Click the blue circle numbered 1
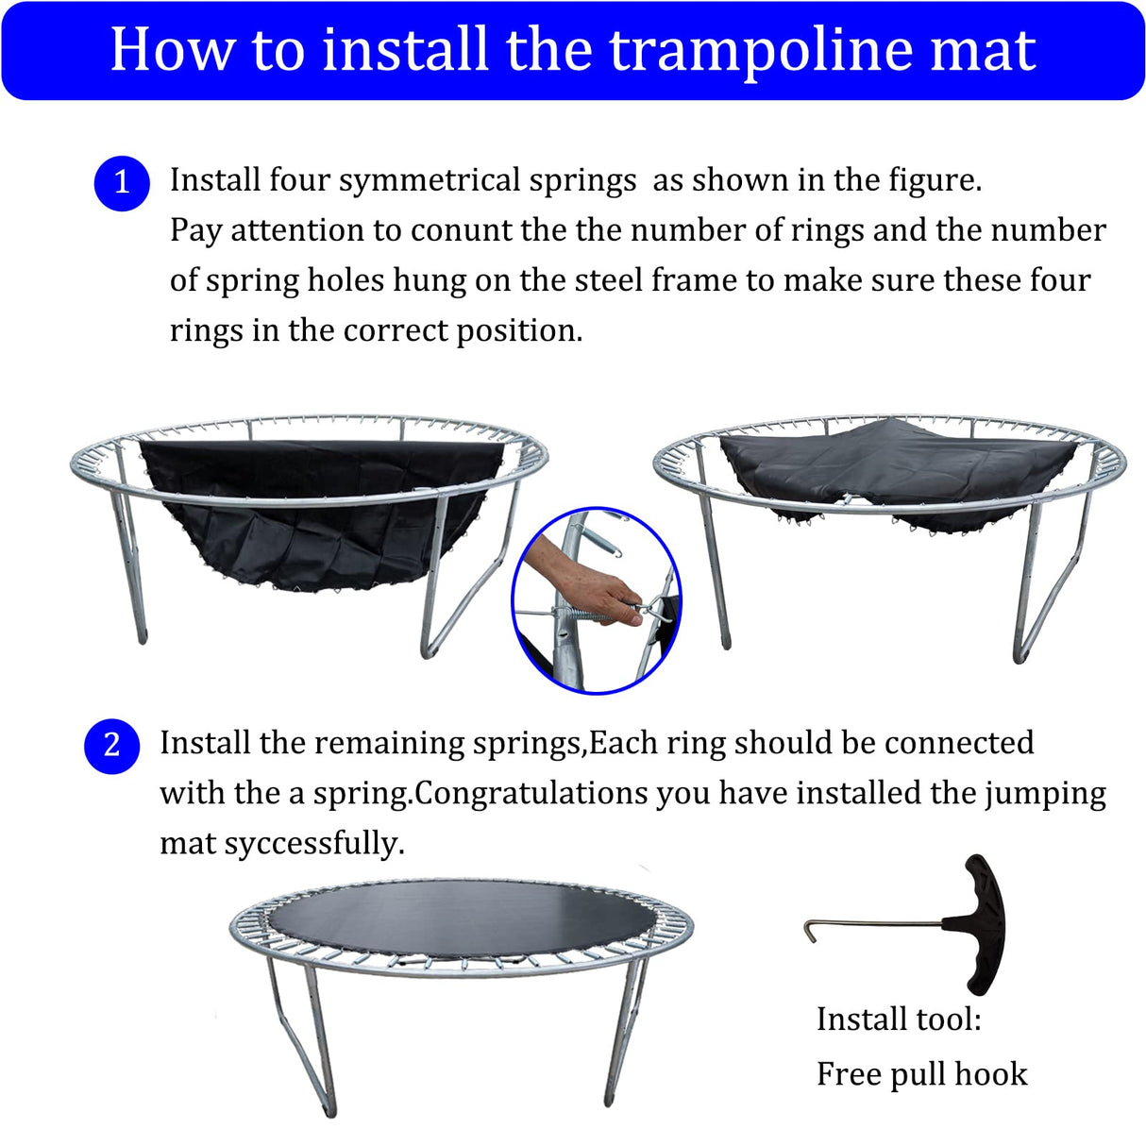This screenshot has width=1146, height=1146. (x=122, y=182)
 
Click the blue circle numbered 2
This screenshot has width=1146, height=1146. (x=111, y=746)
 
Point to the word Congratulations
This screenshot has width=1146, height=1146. (x=531, y=793)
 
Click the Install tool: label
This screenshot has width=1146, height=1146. (x=898, y=1020)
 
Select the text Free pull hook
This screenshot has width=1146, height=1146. (x=921, y=1074)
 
